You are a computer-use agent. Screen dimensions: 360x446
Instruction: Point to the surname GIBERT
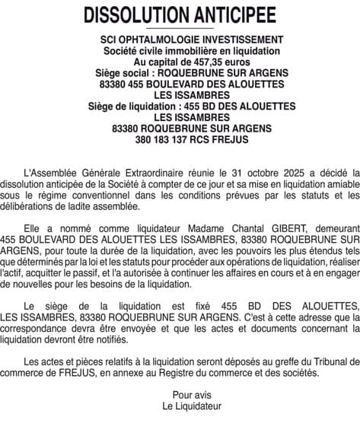(x=298, y=226)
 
